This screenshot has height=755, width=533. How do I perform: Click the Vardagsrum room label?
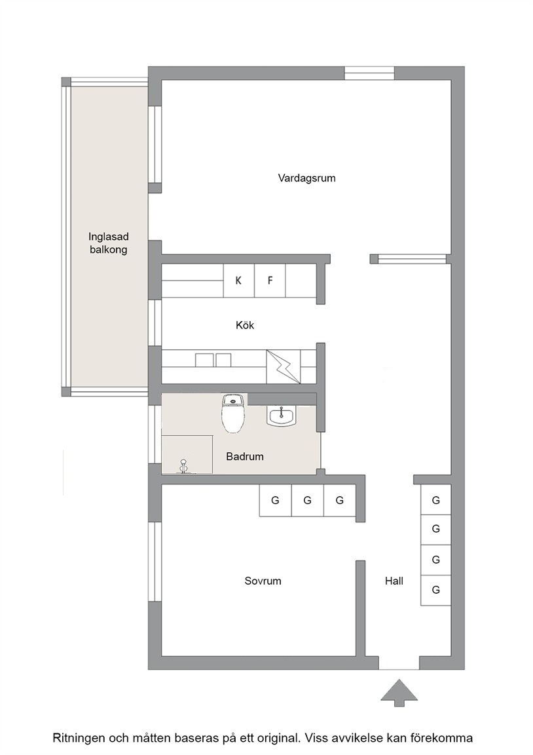click(306, 178)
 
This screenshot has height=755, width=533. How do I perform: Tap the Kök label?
click(245, 326)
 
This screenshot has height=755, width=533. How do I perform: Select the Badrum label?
click(245, 456)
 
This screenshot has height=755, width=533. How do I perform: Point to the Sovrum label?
click(263, 581)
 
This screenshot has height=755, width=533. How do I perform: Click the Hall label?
click(394, 581)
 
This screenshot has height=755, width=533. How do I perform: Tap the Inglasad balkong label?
click(108, 243)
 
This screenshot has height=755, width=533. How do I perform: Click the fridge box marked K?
click(238, 281)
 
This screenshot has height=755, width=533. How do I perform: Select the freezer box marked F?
click(270, 281)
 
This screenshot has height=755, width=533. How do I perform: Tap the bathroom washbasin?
click(282, 416)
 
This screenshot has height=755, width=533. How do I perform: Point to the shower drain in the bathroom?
click(183, 466)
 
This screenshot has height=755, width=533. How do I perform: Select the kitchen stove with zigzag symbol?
click(284, 367)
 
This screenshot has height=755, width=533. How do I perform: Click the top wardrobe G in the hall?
click(436, 500)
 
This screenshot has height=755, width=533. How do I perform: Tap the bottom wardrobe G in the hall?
click(436, 590)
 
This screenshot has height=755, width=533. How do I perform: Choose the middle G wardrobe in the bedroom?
click(307, 500)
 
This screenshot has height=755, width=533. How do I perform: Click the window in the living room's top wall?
click(369, 73)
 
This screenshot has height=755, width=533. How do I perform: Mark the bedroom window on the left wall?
click(155, 562)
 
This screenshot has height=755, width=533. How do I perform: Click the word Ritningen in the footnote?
click(77, 738)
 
